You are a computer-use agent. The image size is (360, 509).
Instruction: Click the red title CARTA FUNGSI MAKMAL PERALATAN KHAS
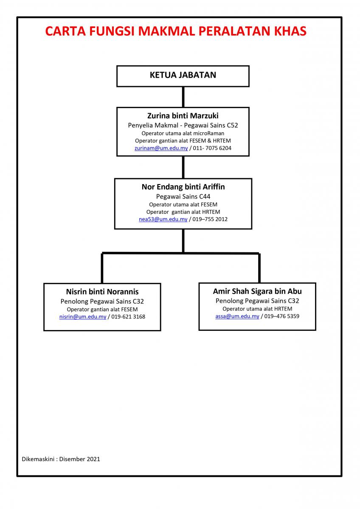click(176, 31)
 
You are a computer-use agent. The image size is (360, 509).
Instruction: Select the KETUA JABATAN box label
click(183, 75)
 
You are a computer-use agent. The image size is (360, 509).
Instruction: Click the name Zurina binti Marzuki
click(183, 116)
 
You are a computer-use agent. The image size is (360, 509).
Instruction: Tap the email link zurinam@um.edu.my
click(161, 148)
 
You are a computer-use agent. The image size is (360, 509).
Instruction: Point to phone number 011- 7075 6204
click(212, 148)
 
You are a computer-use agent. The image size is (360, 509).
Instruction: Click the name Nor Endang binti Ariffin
click(183, 187)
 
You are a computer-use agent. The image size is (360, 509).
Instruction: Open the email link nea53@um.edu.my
click(163, 219)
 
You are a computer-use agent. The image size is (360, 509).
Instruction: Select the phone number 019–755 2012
click(210, 219)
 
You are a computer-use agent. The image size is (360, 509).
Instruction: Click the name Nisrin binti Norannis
click(102, 291)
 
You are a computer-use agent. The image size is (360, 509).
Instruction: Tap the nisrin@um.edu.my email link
click(83, 317)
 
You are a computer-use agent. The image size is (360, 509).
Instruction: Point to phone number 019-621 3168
click(128, 317)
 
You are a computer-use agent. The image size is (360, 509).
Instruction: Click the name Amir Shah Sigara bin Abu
click(257, 291)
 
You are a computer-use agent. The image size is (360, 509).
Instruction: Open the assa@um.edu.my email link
click(237, 316)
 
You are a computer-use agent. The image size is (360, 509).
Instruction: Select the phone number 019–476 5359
click(281, 316)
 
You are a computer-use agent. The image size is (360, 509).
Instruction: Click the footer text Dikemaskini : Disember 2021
click(61, 459)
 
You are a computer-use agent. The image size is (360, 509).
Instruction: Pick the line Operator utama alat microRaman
click(183, 133)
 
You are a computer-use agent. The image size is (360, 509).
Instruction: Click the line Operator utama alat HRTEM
click(257, 309)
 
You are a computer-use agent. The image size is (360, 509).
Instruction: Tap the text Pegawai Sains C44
click(183, 196)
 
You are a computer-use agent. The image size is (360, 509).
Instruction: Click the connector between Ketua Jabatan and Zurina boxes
click(183, 97)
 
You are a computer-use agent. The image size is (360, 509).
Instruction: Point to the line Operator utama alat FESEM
click(183, 204)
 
